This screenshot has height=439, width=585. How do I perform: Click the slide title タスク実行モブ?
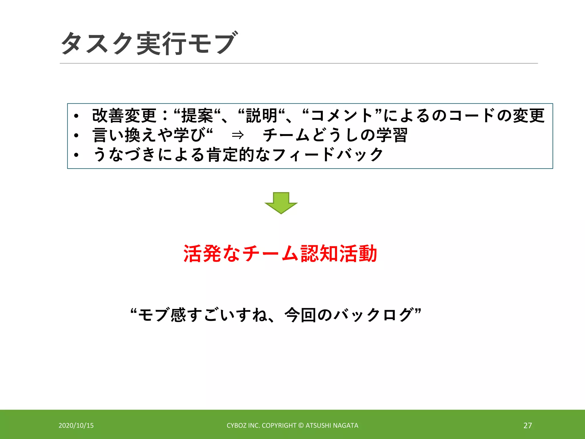(149, 43)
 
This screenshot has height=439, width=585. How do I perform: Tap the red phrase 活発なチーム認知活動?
(280, 254)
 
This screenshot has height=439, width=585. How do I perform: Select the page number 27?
(528, 426)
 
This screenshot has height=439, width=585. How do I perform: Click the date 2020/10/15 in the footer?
(76, 426)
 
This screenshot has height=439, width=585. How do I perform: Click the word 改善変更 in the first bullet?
(124, 115)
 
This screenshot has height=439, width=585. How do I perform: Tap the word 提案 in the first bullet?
(197, 115)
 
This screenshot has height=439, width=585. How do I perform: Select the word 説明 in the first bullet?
(262, 115)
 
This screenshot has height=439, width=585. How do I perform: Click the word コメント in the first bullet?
(342, 115)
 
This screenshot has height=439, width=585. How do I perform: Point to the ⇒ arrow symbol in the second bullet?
(238, 135)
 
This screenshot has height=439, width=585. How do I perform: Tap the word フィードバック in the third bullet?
(328, 154)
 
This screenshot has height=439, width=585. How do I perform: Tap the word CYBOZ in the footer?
(237, 426)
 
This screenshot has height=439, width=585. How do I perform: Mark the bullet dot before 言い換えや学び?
(76, 135)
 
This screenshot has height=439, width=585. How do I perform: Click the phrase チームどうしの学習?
(335, 135)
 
